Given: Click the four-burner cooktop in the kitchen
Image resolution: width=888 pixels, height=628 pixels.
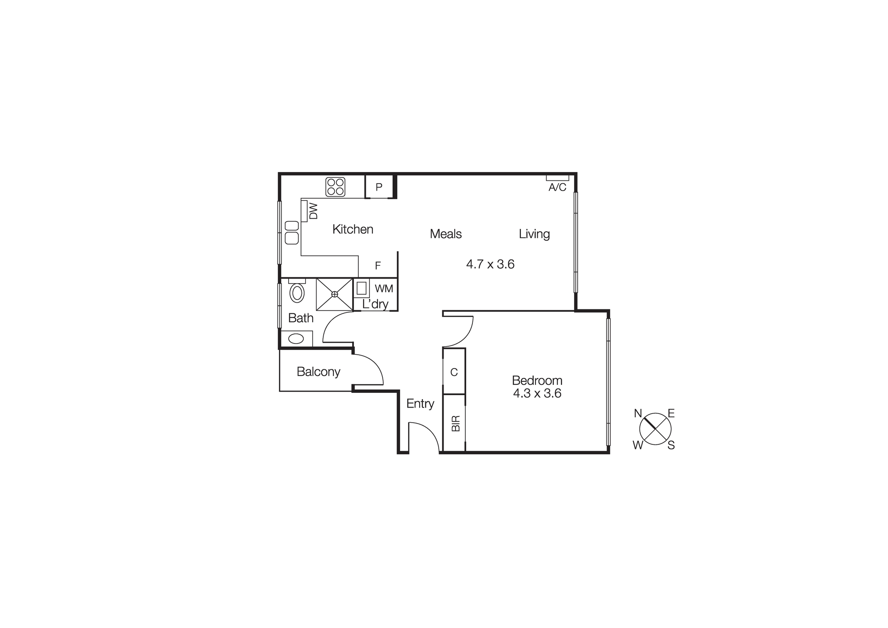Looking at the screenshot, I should click(x=335, y=187).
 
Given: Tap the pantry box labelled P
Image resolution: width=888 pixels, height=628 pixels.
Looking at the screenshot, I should click(x=379, y=187).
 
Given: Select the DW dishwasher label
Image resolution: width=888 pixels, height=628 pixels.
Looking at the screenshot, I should click(x=313, y=211).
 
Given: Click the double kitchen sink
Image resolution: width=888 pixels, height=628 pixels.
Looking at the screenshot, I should click(x=292, y=232).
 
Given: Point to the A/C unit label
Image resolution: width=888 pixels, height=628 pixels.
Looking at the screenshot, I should click(x=557, y=187).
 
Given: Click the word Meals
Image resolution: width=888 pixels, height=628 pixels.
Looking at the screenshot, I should click(x=446, y=234).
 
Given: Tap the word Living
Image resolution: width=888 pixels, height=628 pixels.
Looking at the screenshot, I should click(x=534, y=234).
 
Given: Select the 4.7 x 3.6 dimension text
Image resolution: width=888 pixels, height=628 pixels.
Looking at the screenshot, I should click(x=490, y=264).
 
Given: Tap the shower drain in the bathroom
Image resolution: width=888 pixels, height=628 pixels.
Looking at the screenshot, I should click(x=334, y=294).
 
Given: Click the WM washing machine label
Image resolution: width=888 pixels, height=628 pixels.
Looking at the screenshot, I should click(x=384, y=289).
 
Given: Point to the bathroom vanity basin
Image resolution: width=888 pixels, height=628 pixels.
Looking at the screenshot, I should click(x=296, y=339).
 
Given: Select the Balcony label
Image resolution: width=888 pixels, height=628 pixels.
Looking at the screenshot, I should click(x=318, y=372).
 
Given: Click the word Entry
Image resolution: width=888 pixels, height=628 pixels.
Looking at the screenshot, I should click(x=420, y=404).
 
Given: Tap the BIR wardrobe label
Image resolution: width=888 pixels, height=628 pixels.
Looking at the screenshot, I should click(x=456, y=424).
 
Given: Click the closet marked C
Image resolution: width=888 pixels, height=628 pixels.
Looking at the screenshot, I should click(x=454, y=372).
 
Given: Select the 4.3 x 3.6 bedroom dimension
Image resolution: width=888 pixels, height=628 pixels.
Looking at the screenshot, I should click(x=537, y=393).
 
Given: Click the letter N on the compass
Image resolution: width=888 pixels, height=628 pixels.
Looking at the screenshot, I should click(x=638, y=414).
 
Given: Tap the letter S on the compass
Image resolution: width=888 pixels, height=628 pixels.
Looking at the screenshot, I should click(x=671, y=445).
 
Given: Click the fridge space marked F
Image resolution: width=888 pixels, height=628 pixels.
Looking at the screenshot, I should click(x=378, y=266).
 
